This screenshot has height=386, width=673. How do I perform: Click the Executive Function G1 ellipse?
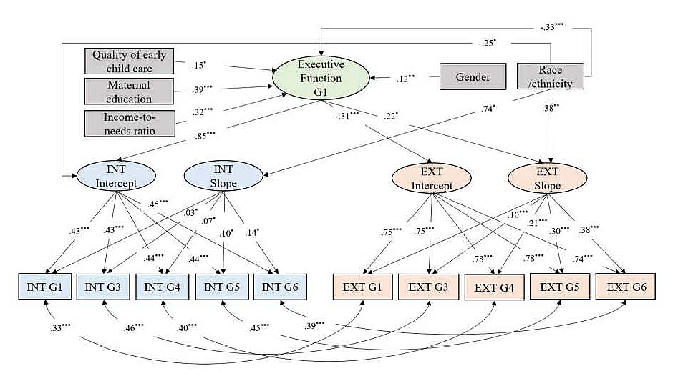[321, 78]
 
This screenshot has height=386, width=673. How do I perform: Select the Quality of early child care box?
[129, 61]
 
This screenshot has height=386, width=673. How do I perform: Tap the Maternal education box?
[129, 91]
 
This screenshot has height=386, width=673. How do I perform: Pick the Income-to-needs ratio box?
[130, 124]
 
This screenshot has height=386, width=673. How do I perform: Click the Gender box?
[473, 76]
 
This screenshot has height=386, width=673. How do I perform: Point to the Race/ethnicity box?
[551, 76]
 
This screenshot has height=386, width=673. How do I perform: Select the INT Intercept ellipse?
[116, 176]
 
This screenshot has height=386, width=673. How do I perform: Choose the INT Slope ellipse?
[223, 176]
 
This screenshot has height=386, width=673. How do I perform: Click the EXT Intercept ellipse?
[431, 178]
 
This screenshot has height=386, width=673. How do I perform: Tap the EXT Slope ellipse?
[547, 178]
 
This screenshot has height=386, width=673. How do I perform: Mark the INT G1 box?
[44, 287]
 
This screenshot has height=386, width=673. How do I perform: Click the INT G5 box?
[222, 287]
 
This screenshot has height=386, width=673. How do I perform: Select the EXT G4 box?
[494, 287]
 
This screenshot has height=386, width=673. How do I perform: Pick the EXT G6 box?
[626, 287]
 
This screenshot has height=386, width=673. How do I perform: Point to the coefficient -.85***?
[203, 137]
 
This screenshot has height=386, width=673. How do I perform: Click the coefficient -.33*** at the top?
[552, 27]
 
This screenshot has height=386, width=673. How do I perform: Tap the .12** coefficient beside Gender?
[406, 79]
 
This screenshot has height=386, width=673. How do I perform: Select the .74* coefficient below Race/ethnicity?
[488, 109]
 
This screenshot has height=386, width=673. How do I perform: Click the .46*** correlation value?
[133, 327]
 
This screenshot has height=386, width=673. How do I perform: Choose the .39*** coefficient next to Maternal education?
[202, 89]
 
